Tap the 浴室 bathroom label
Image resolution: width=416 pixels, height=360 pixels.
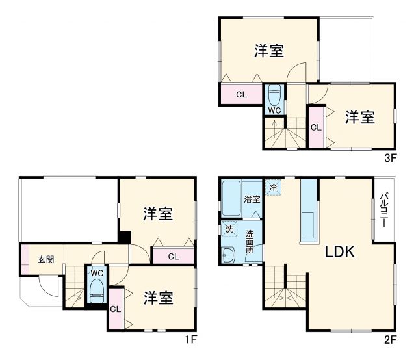(x=252, y=199)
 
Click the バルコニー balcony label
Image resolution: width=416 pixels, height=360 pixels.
(x=384, y=210)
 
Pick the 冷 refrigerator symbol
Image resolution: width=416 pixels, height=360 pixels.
(x=273, y=187)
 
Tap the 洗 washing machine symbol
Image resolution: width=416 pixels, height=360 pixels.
(x=229, y=229)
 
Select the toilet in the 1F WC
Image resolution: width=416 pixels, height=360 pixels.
(x=97, y=289)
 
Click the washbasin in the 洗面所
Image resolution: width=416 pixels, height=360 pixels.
(x=228, y=255)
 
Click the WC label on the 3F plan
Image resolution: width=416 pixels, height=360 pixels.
(x=274, y=110)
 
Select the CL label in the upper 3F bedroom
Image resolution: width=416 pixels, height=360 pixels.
(x=241, y=94)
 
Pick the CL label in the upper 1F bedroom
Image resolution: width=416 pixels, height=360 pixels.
(x=173, y=256)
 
